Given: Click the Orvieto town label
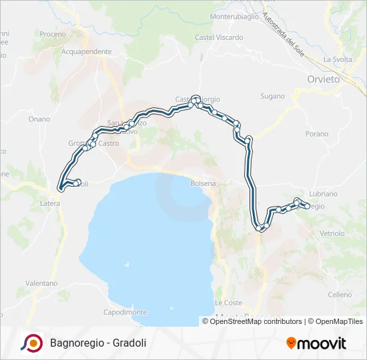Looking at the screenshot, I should click(324, 79).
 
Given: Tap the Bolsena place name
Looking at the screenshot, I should click(204, 183).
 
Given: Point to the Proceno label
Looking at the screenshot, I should click(53, 34).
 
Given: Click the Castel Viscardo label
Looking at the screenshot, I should click(219, 38).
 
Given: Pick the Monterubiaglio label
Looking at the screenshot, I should click(234, 17).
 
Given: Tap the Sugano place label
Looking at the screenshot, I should click(272, 96).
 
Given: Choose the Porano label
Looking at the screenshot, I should click(317, 134).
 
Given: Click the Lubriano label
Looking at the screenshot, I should click(324, 193).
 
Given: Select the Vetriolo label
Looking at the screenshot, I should click(332, 233).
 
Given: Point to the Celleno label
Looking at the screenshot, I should click(340, 295).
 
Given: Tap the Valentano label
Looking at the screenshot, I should click(41, 283).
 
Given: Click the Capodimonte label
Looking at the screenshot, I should click(125, 312).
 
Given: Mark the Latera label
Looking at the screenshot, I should click(50, 203).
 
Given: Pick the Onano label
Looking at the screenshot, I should click(39, 119).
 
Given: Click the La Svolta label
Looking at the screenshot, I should click(338, 59).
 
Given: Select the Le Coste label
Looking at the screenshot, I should click(228, 303).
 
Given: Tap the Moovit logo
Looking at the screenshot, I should click(316, 343).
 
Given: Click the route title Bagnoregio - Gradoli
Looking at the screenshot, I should click(97, 343).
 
